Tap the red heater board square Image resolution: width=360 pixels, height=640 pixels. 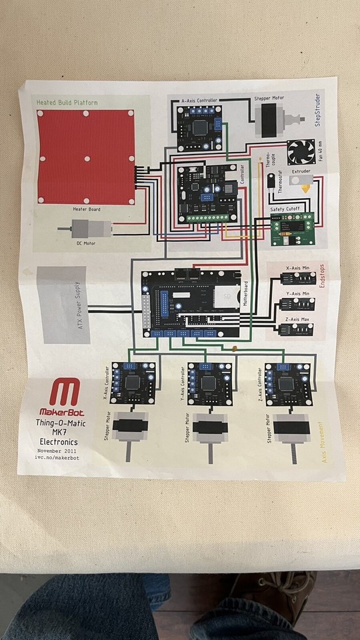(x=87, y=159)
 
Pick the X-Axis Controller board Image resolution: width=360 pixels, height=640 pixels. (x=133, y=383)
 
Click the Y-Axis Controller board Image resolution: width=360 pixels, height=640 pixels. (x=210, y=383)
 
